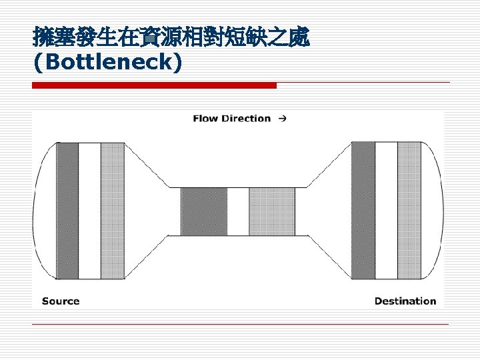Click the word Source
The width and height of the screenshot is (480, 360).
[x=61, y=301]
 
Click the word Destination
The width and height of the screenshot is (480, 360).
[x=405, y=301]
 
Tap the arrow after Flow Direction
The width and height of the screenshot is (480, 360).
[x=283, y=119]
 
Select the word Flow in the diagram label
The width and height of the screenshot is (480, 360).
[x=205, y=119]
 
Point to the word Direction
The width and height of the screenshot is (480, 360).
[x=246, y=119]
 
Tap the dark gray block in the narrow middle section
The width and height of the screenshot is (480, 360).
[x=204, y=211]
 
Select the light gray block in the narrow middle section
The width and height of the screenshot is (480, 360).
[x=272, y=211]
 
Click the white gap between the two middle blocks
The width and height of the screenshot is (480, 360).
[x=238, y=211]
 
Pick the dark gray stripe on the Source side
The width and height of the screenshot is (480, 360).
[x=67, y=211]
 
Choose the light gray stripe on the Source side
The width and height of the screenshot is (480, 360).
[x=112, y=211]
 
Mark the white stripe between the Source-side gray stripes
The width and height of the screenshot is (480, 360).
[x=89, y=211]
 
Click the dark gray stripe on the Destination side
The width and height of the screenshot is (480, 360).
[x=363, y=211]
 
